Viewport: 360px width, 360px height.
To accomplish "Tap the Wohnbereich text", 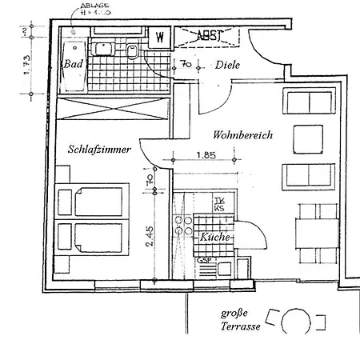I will [x=242, y=136].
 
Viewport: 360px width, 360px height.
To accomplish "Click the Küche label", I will [x=216, y=238].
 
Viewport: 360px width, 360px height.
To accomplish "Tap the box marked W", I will [x=160, y=38].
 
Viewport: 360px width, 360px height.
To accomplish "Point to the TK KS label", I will [x=219, y=204].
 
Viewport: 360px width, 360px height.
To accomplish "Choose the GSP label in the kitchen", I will [x=204, y=261].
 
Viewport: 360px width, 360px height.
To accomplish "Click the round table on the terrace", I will [x=293, y=324].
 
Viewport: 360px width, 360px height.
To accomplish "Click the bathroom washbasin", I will [x=102, y=49].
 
